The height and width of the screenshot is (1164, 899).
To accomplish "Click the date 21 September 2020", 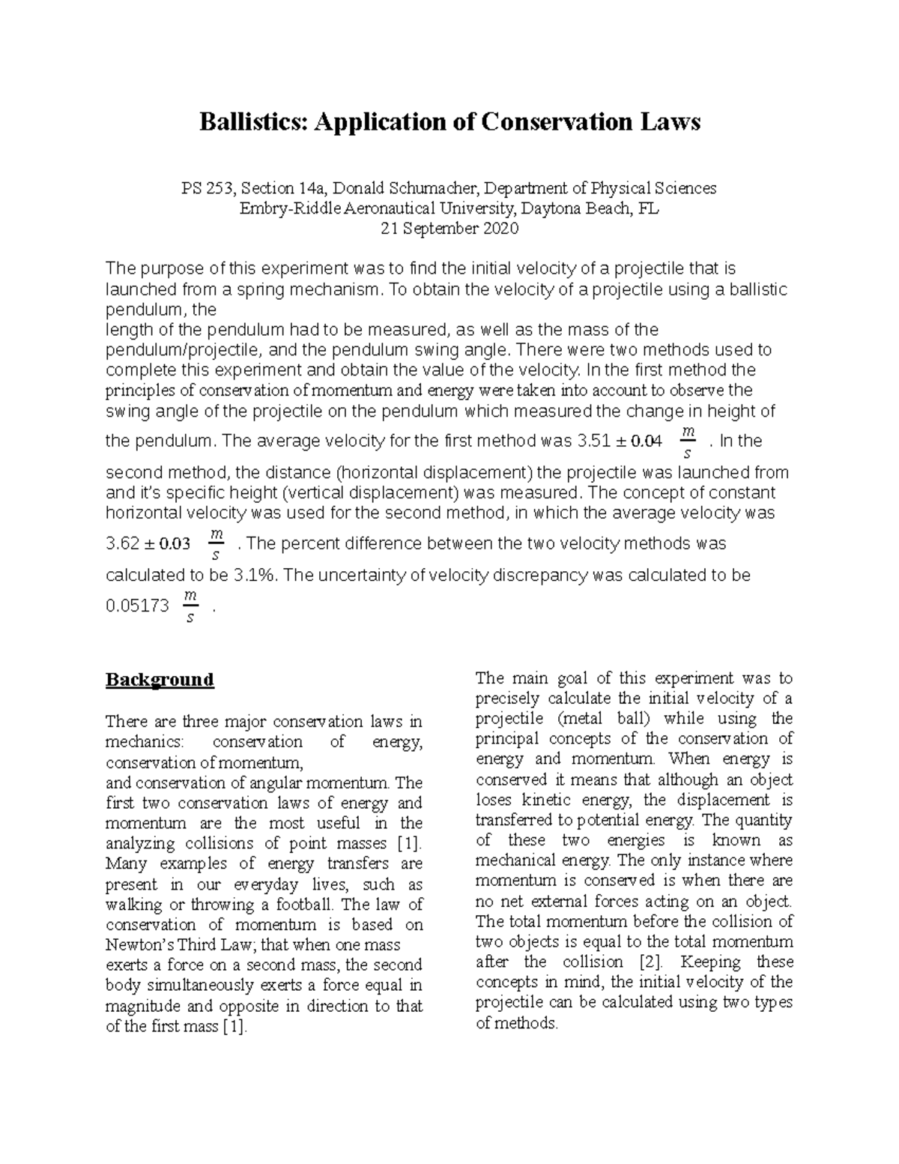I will tap(449, 229).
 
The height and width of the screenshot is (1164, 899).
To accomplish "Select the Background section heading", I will tap(160, 680).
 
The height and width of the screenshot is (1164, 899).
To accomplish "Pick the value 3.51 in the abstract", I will tap(591, 441).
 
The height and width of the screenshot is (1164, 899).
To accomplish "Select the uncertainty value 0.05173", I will tap(137, 606).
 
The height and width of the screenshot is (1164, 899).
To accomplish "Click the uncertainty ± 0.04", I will tap(638, 441).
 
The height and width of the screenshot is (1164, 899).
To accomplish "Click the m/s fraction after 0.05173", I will tap(191, 606).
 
